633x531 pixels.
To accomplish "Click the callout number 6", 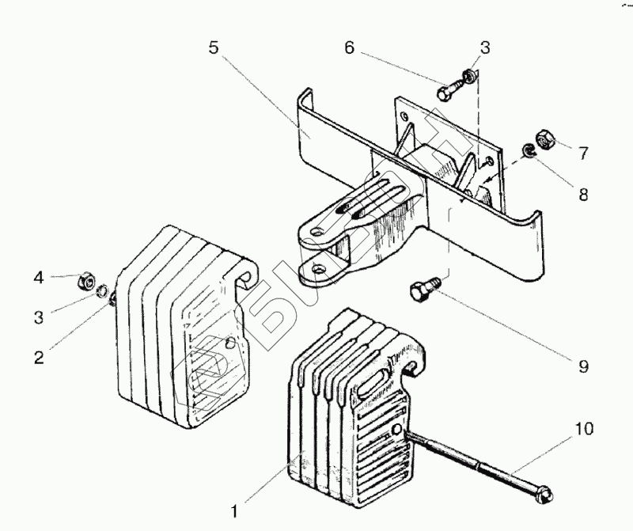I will (x=348, y=47).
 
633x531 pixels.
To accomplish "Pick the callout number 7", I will (x=582, y=153).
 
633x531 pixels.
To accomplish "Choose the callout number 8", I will (x=582, y=194).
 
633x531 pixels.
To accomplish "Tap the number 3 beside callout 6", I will (x=483, y=48).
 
